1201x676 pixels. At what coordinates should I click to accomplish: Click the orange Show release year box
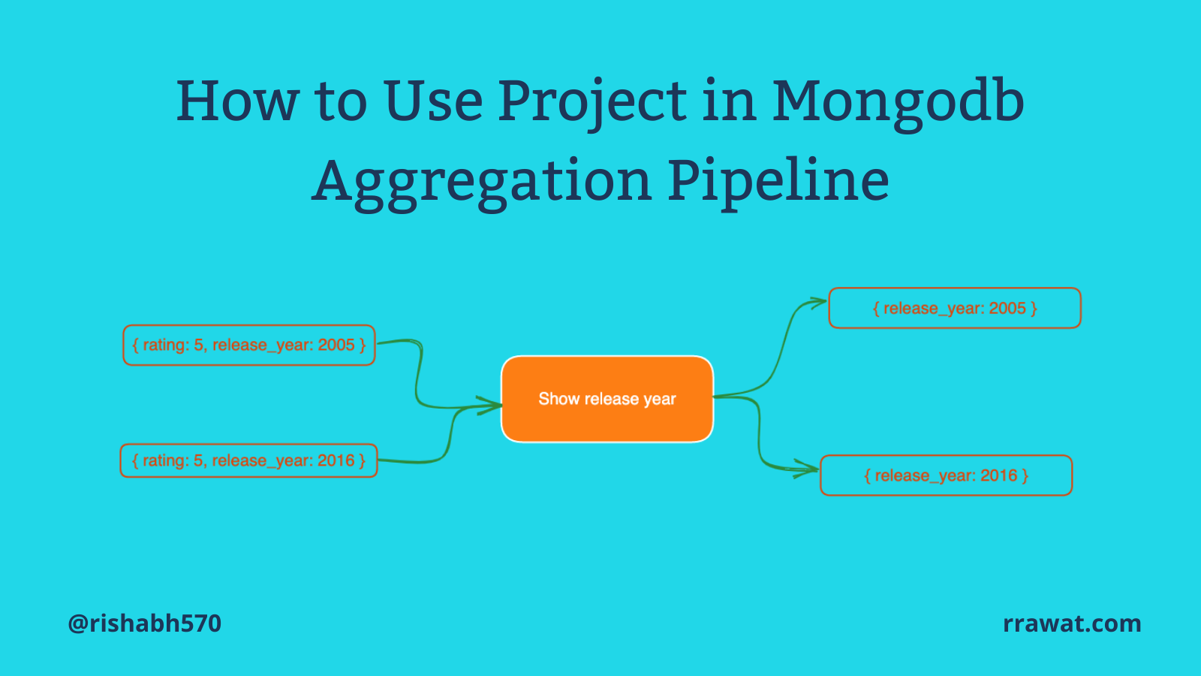click(x=607, y=399)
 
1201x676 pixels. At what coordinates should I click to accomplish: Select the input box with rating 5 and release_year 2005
click(x=248, y=345)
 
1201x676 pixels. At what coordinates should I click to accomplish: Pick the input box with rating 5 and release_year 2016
click(x=248, y=460)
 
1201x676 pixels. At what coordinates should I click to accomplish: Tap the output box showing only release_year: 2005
click(x=954, y=308)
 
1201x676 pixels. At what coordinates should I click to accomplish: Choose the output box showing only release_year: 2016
click(x=947, y=475)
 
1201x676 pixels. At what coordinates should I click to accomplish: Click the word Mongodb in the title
click(x=898, y=102)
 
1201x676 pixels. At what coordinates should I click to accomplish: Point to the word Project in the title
click(x=592, y=102)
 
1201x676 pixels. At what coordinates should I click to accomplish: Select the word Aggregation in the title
click(x=481, y=183)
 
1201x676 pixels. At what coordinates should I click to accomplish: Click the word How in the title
click(x=237, y=101)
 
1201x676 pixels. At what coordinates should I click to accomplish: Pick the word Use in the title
click(x=434, y=101)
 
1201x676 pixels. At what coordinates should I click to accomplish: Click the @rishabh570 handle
click(x=145, y=623)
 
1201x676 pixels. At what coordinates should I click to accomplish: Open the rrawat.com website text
click(x=1072, y=623)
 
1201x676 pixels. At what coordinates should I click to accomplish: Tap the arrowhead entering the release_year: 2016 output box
click(x=807, y=469)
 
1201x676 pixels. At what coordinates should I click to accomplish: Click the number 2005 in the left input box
click(x=336, y=345)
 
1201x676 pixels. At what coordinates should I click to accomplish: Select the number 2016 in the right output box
click(x=999, y=475)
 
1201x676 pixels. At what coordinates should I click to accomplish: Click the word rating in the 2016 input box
click(x=166, y=460)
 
